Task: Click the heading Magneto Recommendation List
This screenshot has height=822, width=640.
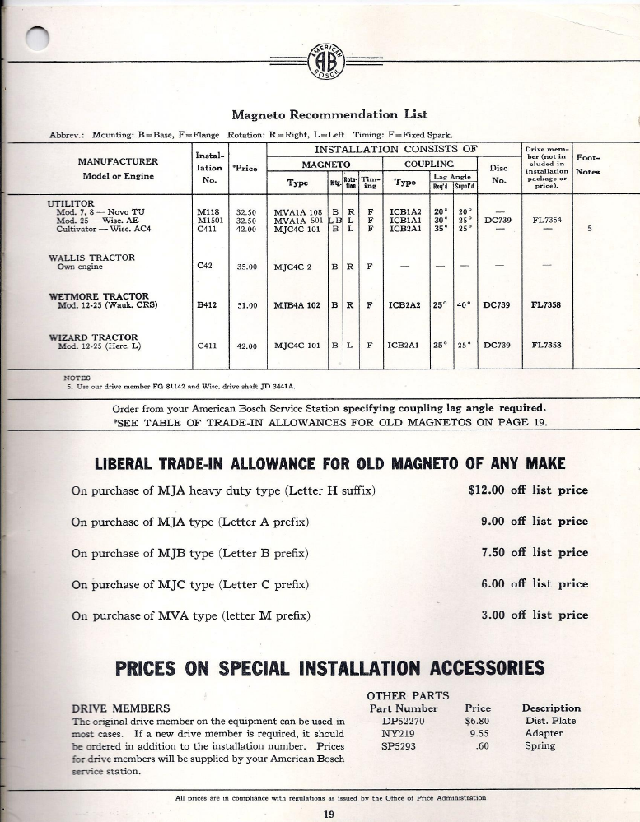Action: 329,114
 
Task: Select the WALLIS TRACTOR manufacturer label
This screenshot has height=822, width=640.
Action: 91,258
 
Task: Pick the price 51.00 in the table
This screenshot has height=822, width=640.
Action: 246,305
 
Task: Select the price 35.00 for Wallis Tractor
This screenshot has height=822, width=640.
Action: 246,267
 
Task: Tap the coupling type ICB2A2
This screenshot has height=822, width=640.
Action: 405,305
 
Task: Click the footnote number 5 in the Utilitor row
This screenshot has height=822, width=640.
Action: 589,230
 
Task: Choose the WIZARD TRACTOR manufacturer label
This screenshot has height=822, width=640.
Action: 92,337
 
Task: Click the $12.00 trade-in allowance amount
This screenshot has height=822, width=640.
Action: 486,490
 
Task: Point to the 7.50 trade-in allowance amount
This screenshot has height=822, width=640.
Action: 493,553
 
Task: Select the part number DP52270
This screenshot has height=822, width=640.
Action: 403,721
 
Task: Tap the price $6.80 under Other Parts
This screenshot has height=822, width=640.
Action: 478,721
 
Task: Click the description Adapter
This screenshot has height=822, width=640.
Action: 544,733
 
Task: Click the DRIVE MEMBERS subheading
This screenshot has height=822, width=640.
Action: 121,708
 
